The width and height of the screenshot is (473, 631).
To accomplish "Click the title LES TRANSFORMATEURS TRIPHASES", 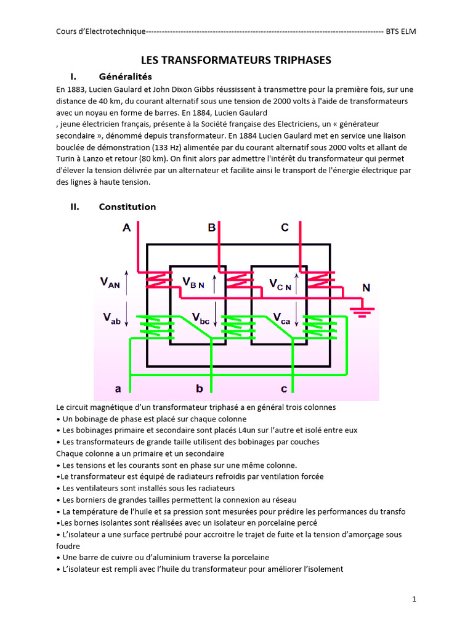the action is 236,60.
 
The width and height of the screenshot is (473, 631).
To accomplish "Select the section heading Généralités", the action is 125,77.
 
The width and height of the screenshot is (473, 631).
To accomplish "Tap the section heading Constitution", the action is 127,206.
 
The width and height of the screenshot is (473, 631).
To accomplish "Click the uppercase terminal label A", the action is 126,228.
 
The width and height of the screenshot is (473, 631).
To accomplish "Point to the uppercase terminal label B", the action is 211,228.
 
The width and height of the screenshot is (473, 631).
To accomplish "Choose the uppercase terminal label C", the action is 285,228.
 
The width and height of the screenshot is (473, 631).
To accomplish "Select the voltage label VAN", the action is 110,282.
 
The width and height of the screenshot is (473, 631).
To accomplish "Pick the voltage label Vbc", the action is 200,318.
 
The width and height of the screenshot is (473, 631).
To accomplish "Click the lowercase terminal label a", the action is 118,389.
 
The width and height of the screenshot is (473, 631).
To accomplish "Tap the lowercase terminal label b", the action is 199,389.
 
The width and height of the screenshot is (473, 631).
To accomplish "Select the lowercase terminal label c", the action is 284,389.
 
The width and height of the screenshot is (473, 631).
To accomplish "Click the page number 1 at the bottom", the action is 414,599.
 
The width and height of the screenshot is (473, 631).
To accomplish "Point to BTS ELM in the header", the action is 400,31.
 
